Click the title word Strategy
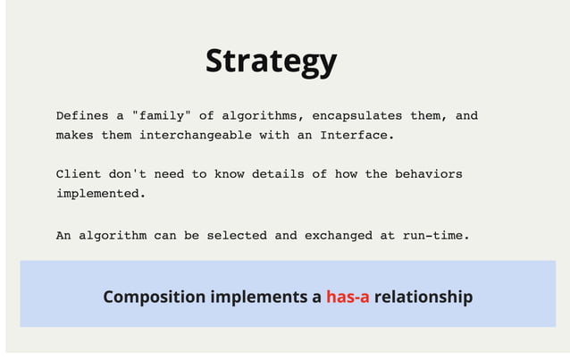tap(271, 61)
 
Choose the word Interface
tap(356, 136)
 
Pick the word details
tap(278, 174)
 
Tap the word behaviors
tap(429, 174)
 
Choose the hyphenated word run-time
tap(435, 236)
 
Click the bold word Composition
tap(154, 297)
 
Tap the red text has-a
tap(348, 297)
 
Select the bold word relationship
tap(423, 297)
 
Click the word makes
tap(74, 136)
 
